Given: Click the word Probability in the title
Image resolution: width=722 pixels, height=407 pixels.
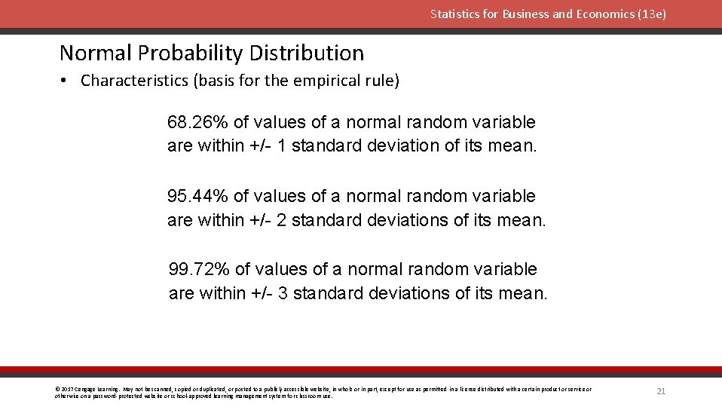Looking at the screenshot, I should (194, 53).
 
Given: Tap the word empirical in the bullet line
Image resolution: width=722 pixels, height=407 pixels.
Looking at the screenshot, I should (311, 81).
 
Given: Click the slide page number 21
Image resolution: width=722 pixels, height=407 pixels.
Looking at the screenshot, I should (661, 391).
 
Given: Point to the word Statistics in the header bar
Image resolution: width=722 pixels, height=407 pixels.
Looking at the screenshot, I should (455, 14).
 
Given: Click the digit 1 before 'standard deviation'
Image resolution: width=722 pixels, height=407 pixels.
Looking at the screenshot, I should (282, 146).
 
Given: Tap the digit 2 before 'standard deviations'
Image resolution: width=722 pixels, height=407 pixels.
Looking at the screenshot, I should (282, 220).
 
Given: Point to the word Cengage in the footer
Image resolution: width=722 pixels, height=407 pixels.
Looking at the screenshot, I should (84, 390).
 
